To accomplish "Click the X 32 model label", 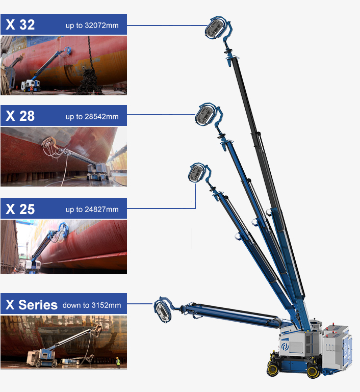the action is (20, 24).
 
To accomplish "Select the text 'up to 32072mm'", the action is (92, 25).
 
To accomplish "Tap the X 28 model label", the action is (20, 116).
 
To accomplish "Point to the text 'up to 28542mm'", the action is (92, 117).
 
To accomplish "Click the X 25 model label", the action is (20, 209).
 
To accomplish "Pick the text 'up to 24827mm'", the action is (92, 210).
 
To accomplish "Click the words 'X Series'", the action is (32, 305).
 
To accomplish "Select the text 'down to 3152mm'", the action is (92, 305).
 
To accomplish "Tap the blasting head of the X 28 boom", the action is (207, 115).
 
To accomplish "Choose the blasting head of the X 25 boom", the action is (198, 172).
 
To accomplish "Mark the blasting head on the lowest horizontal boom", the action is (163, 310).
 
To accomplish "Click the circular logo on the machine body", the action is (285, 347).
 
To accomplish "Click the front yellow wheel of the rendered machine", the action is (273, 369).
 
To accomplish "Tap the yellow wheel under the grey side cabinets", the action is (313, 372).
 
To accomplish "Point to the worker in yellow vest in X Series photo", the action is (118, 362).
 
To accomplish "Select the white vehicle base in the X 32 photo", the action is (31, 86).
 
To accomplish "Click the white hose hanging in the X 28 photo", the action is (64, 168).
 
